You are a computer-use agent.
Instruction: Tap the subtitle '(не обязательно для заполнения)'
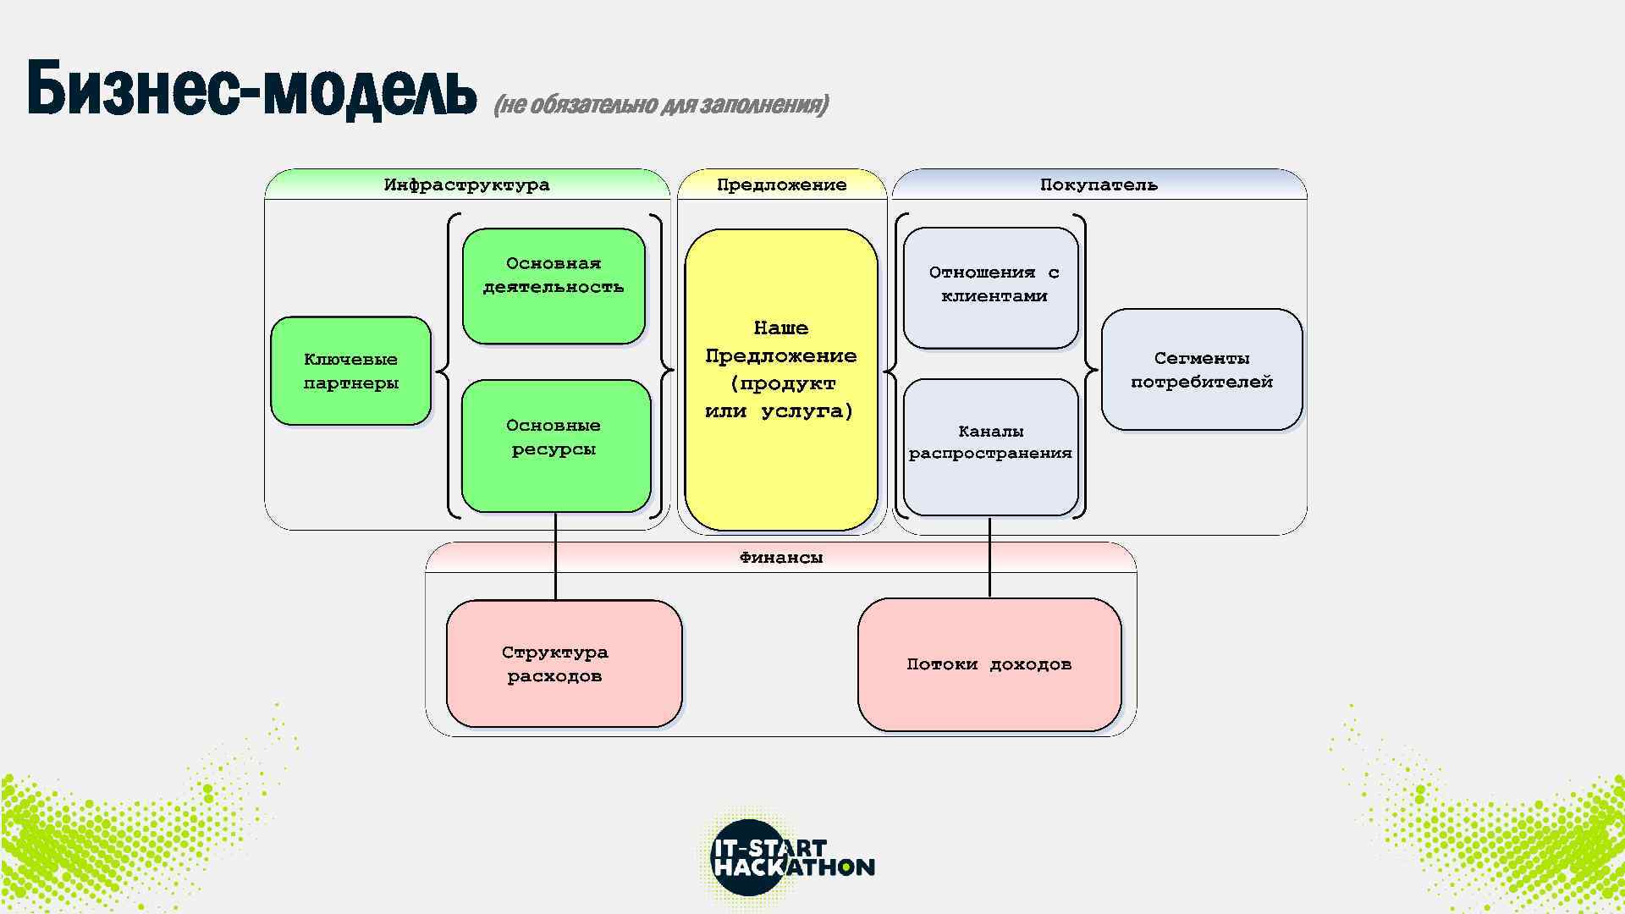[660, 105]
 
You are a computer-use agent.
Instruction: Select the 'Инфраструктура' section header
[466, 184]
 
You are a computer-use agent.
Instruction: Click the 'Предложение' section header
[781, 184]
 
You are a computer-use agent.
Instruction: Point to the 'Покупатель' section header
[1099, 184]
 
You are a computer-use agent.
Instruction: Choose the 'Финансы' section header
[780, 558]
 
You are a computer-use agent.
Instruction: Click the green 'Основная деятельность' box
[554, 286]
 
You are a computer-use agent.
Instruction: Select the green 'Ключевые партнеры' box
[350, 371]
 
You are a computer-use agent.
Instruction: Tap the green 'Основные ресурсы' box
[555, 445]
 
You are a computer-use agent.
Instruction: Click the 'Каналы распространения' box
[990, 446]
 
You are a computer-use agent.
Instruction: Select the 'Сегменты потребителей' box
[1201, 370]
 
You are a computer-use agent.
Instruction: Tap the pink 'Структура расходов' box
[564, 663]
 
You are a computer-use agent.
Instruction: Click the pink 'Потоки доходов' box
[989, 664]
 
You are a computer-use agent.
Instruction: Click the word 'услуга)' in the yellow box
[807, 411]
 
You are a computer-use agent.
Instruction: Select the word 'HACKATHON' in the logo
[794, 867]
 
